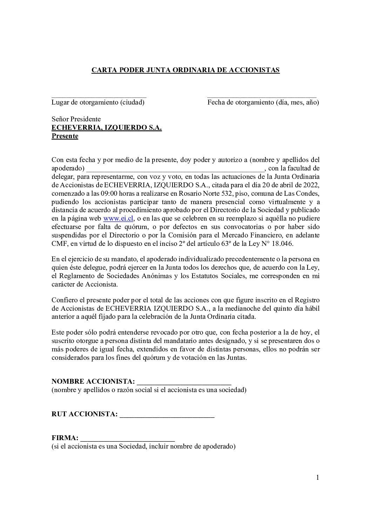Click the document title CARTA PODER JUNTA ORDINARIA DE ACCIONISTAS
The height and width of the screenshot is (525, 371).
click(185, 70)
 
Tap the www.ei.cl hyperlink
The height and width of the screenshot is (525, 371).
click(113, 218)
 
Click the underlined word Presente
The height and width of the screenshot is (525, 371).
click(65, 136)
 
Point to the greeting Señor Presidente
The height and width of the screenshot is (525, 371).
click(76, 119)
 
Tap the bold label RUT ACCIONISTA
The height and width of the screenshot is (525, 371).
click(84, 414)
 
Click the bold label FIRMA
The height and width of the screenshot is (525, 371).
click(65, 438)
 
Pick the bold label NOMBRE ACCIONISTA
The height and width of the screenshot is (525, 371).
click(93, 382)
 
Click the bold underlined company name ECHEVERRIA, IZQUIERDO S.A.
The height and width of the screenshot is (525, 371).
click(107, 128)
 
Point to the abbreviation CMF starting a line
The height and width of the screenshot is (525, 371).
click(59, 243)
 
